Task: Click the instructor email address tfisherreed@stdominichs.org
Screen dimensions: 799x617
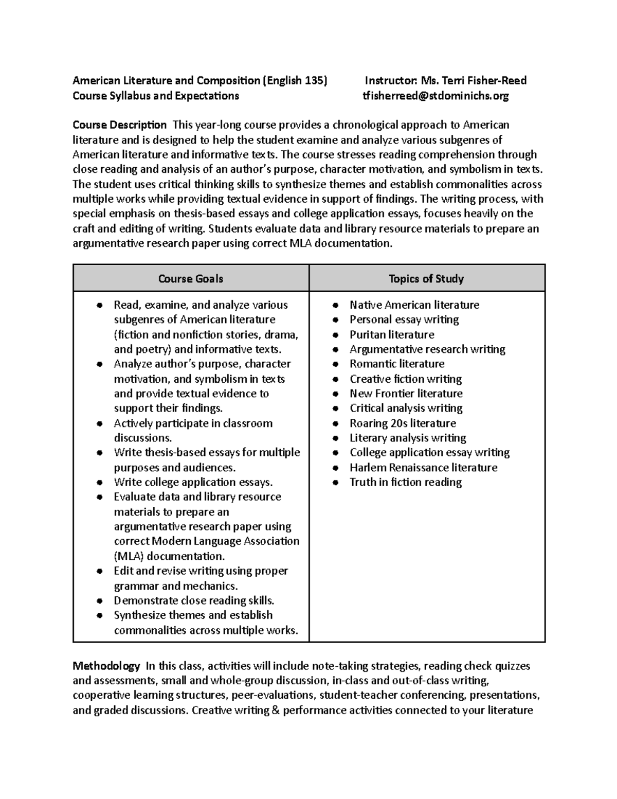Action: [x=435, y=96]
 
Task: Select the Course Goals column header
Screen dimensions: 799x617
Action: [x=190, y=279]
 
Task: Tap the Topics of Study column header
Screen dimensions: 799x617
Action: [x=426, y=279]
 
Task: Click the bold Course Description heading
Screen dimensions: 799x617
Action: [x=119, y=125]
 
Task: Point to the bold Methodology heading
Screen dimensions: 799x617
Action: [x=106, y=666]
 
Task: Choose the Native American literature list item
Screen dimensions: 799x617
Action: [x=414, y=305]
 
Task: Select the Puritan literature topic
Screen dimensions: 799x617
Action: [x=392, y=334]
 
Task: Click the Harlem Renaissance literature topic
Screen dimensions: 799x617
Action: [x=423, y=468]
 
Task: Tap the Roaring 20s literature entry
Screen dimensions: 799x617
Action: [x=403, y=423]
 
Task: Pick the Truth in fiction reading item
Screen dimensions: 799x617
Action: [x=406, y=482]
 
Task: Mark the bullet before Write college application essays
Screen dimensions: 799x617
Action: [x=100, y=483]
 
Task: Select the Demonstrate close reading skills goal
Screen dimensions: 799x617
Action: [x=194, y=600]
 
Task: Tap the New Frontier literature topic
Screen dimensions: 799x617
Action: [x=406, y=394]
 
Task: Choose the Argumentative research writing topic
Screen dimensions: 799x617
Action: [x=427, y=349]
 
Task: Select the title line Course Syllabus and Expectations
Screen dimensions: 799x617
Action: [x=156, y=96]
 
